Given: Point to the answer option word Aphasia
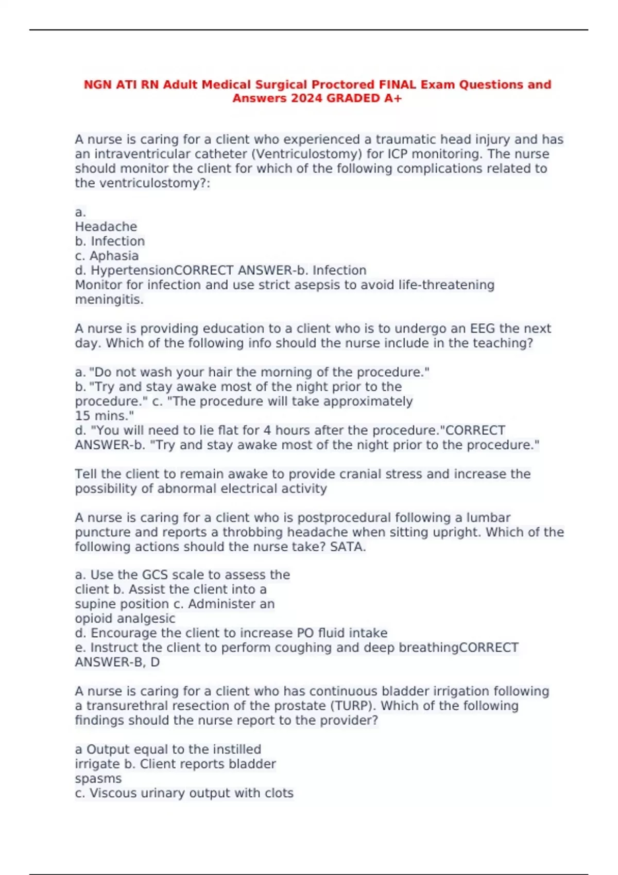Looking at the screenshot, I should coord(114,256).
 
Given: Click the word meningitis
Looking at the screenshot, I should coord(109,300).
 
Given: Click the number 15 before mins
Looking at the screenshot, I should coord(82,416).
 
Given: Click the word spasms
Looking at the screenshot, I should coord(98,779).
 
